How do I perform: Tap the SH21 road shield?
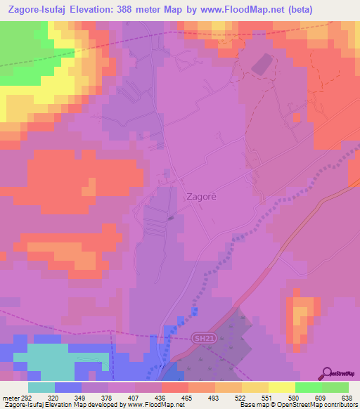(201, 339)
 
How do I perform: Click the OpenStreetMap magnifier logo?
(327, 373)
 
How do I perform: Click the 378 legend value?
(108, 397)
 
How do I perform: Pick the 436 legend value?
(162, 397)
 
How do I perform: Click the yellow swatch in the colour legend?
(281, 387)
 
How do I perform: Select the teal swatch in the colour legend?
(41, 387)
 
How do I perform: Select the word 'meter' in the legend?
(10, 397)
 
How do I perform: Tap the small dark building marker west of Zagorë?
(172, 217)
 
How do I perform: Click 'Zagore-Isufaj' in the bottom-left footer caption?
(20, 405)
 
